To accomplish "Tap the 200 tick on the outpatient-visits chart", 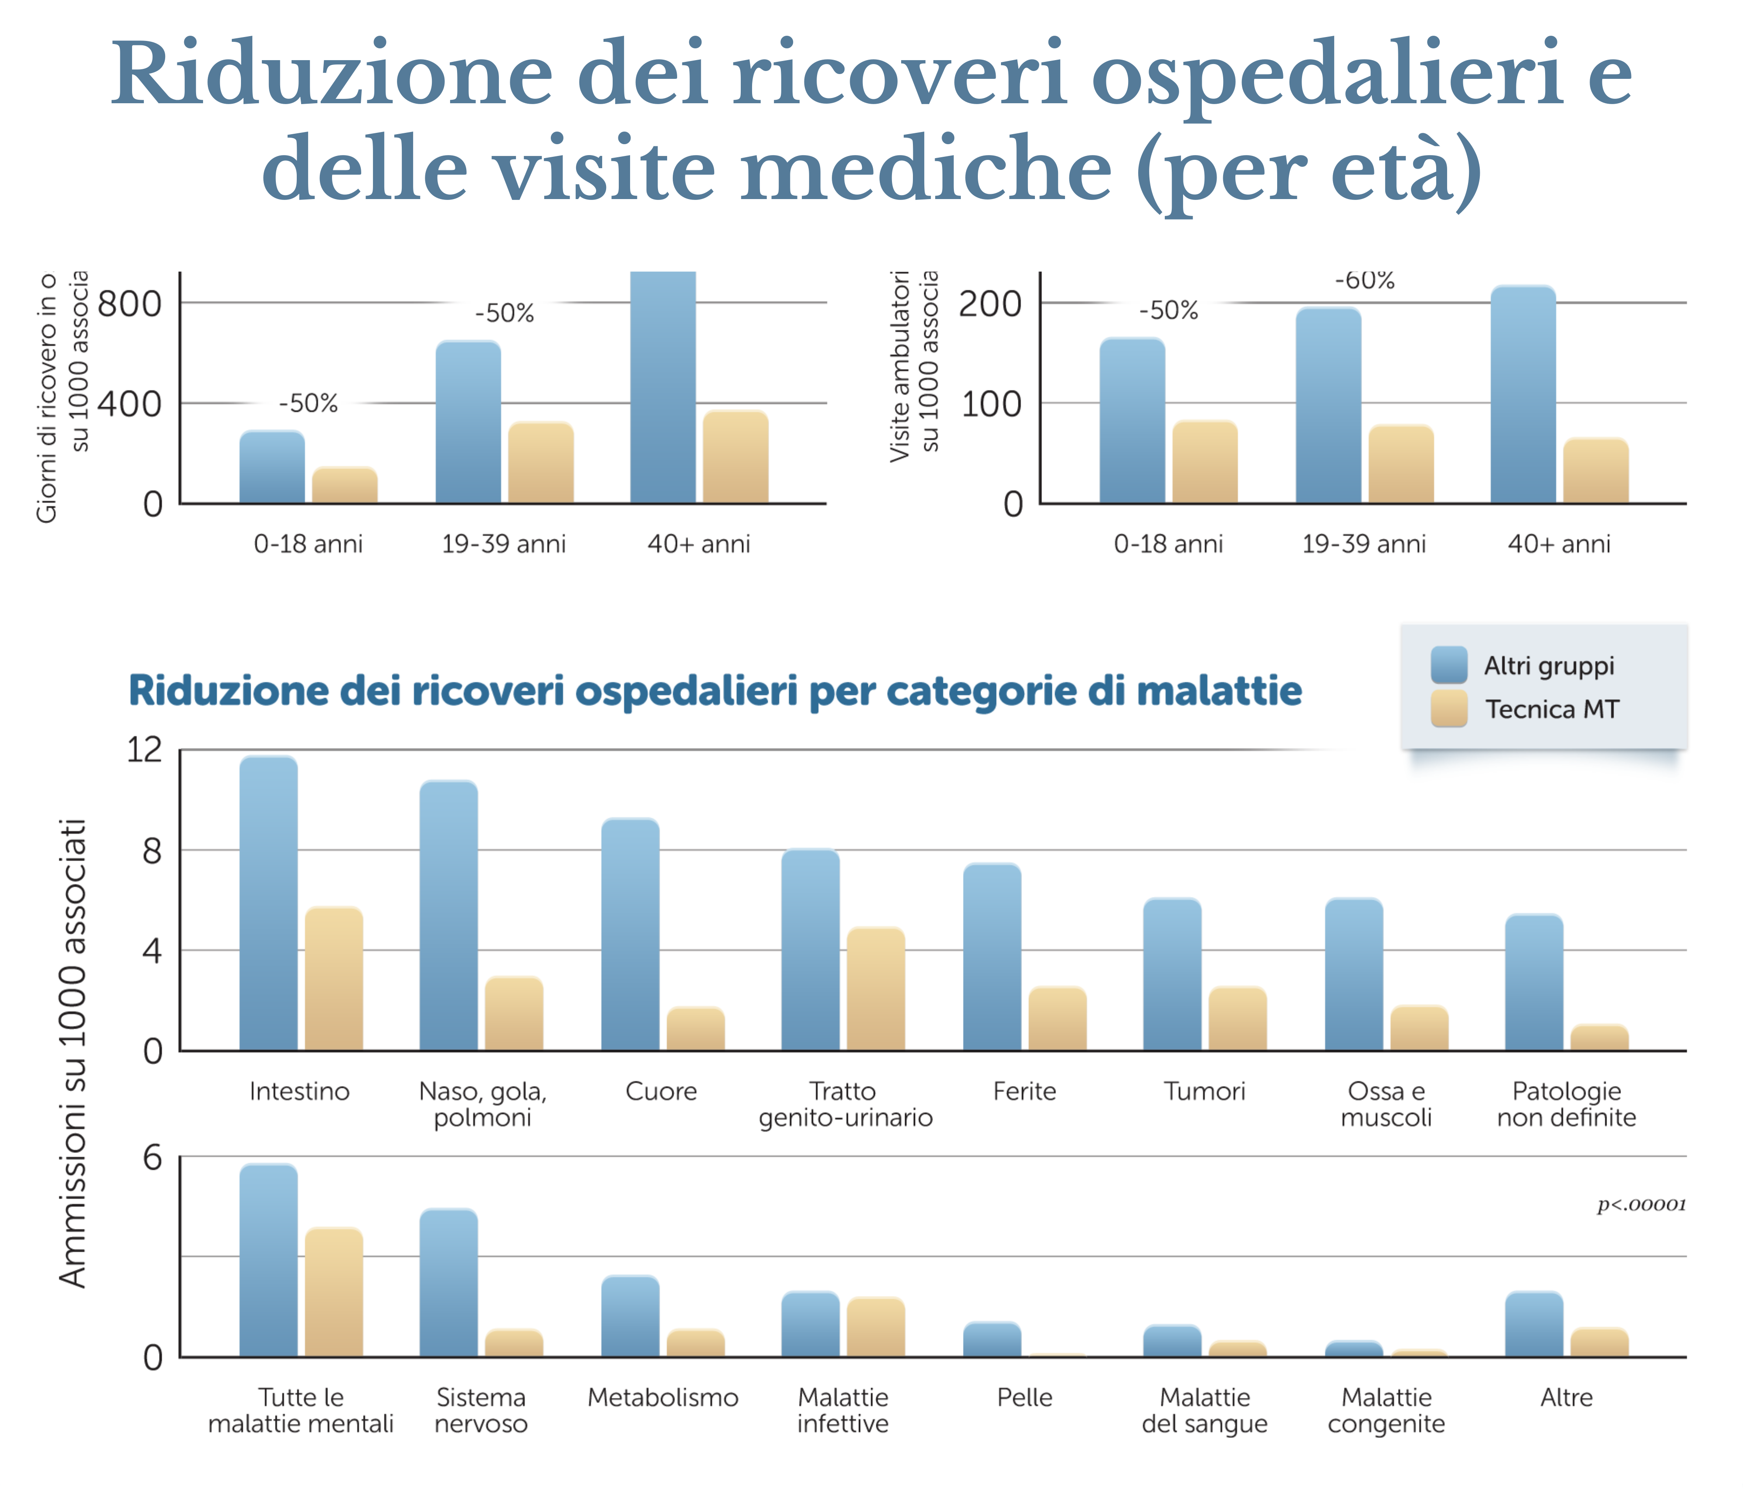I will pyautogui.click(x=990, y=304).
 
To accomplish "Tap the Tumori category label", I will pyautogui.click(x=1204, y=1091).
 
